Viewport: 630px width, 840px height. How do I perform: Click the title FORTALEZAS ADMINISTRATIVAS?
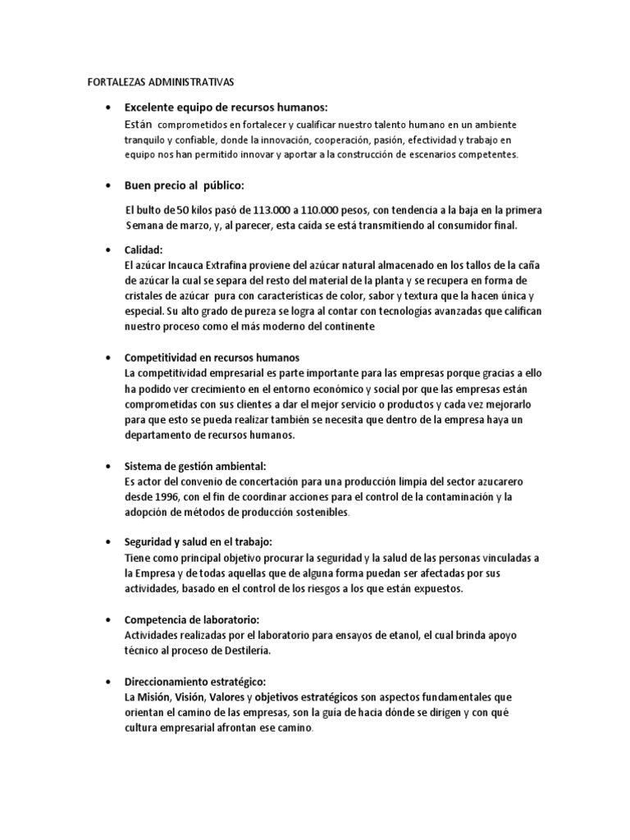coord(161,82)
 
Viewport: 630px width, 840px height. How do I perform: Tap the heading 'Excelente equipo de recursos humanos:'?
coord(226,107)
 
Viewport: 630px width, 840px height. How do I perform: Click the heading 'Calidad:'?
coord(144,249)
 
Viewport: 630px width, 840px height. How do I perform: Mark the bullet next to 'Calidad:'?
coord(109,249)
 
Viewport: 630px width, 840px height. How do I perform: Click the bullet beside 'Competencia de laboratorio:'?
coord(109,620)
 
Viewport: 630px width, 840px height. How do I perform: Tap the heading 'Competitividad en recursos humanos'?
coord(212,358)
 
